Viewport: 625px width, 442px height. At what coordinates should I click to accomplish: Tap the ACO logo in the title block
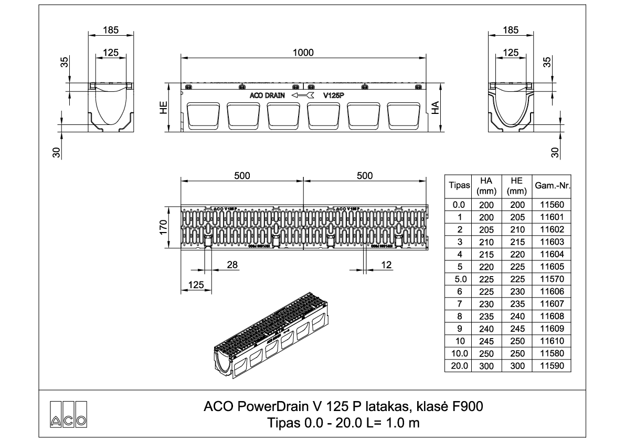coord(68,413)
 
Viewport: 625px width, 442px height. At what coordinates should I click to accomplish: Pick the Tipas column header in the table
coord(459,186)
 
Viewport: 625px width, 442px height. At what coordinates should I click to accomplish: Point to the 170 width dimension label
coord(163,227)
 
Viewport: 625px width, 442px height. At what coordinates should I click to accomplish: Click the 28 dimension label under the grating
coord(231,265)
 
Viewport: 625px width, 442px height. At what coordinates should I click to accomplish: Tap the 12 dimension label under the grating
coord(386,265)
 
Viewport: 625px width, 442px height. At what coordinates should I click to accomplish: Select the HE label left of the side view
coord(164,108)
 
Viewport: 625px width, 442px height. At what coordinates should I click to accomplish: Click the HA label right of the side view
coord(435,108)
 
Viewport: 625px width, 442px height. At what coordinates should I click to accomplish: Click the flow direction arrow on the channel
coord(303,96)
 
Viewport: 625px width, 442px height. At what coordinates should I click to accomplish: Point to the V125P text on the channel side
coord(334,96)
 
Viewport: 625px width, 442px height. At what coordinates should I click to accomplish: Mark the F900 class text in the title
coord(466,407)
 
